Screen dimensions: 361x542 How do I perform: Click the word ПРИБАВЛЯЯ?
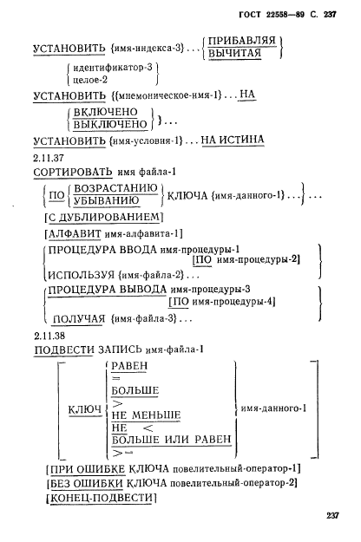tap(242, 41)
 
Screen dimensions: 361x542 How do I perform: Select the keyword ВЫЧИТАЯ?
tap(235, 53)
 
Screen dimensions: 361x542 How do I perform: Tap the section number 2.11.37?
tap(49, 158)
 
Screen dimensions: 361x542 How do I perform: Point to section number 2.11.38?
tap(49, 336)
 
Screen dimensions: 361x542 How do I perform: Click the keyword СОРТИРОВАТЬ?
tap(73, 172)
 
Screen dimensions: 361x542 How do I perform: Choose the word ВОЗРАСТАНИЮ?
tap(115, 188)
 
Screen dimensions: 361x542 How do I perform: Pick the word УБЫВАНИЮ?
tap(107, 201)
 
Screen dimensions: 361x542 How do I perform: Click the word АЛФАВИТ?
tap(75, 234)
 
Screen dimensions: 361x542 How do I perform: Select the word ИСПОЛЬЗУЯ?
tap(82, 276)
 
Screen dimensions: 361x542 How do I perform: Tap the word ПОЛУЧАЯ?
tap(78, 319)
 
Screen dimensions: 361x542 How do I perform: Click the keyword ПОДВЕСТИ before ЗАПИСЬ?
tap(64, 349)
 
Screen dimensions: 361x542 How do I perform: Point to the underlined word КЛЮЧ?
tap(85, 410)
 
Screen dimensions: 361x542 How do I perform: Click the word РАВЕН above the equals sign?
tap(129, 366)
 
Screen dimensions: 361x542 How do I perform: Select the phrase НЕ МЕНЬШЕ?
tap(146, 415)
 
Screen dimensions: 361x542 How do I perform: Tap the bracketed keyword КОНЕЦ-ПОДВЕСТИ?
tap(102, 498)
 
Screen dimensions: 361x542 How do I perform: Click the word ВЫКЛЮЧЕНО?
tap(111, 124)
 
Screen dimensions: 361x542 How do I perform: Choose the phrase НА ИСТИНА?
tap(233, 140)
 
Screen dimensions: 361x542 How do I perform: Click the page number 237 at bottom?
tap(332, 516)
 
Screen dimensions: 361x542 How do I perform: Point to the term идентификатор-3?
tap(113, 68)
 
